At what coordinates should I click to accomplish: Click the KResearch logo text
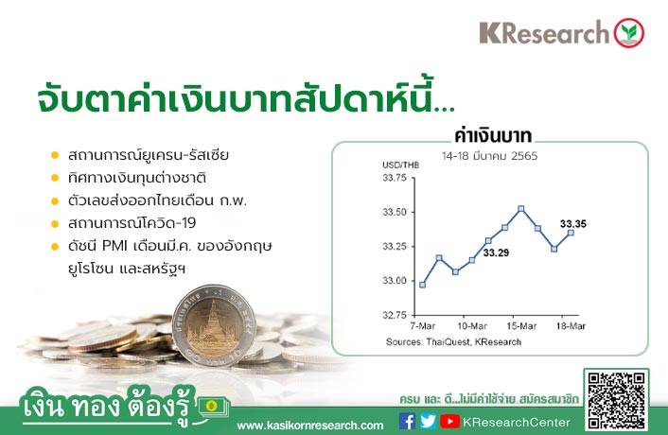coord(544,33)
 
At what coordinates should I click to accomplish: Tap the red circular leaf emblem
coord(629,33)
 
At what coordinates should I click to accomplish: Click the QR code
coord(616,401)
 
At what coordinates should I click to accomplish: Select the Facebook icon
coord(407,422)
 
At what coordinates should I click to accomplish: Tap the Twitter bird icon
coord(428,422)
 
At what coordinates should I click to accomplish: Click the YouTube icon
coord(449,422)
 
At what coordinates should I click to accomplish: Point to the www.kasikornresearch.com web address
coord(309,426)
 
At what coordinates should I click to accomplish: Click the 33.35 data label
coord(573,223)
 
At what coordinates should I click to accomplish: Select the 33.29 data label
coord(496,252)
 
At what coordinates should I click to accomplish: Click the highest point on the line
coord(521,209)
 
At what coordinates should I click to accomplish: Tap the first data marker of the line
coord(423,285)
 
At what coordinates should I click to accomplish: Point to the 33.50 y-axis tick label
coord(395,212)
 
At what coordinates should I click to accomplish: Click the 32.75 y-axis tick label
coord(395,315)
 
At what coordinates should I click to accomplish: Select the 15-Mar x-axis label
coord(521,326)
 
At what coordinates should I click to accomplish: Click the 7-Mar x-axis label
coord(423,326)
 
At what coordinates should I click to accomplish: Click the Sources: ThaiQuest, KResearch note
coord(453,341)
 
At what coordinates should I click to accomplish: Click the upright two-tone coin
coord(214,325)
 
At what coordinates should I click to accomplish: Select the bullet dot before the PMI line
coord(55,247)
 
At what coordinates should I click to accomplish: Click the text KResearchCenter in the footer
coord(517,422)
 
